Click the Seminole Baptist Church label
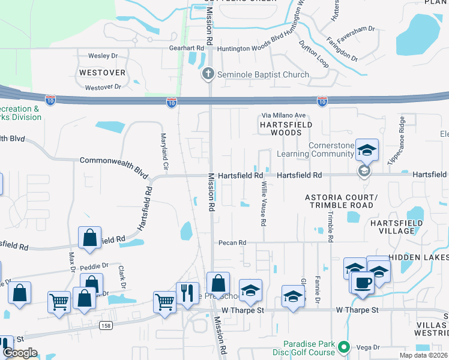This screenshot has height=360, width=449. (x=263, y=74)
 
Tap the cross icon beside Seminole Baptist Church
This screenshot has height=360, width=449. (x=208, y=74)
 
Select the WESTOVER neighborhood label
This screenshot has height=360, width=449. (x=102, y=73)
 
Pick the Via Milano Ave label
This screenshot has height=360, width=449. (x=284, y=115)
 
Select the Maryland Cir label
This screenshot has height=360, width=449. (x=163, y=151)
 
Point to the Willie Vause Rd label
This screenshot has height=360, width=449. (x=263, y=205)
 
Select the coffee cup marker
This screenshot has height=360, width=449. (x=363, y=281)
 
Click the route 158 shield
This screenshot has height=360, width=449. (x=106, y=325)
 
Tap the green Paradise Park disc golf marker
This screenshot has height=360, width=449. (x=343, y=347)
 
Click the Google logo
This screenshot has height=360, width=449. (x=20, y=353)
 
